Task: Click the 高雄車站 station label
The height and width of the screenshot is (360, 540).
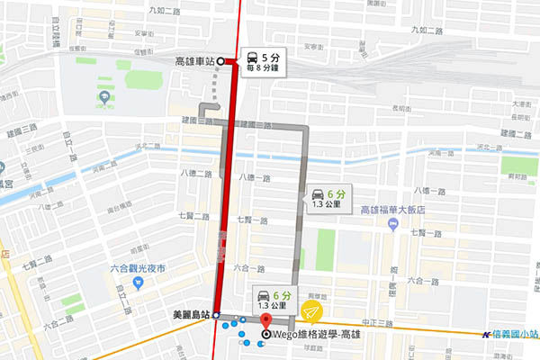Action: click(x=193, y=62)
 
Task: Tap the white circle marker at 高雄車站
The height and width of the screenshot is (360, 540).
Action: click(x=221, y=62)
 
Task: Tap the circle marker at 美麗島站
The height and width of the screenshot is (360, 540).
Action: click(x=217, y=316)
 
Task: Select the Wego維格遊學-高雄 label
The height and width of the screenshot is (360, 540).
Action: click(x=313, y=336)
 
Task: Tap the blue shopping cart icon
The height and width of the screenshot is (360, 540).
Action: click(x=138, y=283)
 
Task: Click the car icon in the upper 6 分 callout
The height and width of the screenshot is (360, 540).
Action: click(x=318, y=193)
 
